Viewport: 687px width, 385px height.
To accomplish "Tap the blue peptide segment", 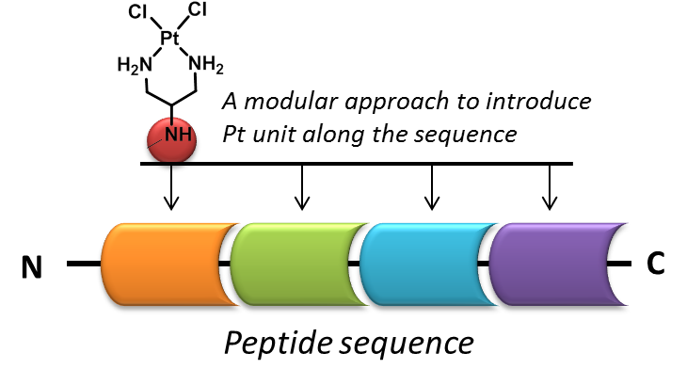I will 424,265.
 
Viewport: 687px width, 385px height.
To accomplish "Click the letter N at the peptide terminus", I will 34,267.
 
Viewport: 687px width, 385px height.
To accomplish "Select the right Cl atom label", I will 199,9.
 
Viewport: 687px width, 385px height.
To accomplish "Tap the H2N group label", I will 133,66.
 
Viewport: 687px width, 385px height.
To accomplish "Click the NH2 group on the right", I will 206,66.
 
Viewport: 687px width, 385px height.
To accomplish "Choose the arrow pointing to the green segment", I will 301,188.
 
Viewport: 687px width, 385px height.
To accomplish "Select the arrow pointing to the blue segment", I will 430,188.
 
